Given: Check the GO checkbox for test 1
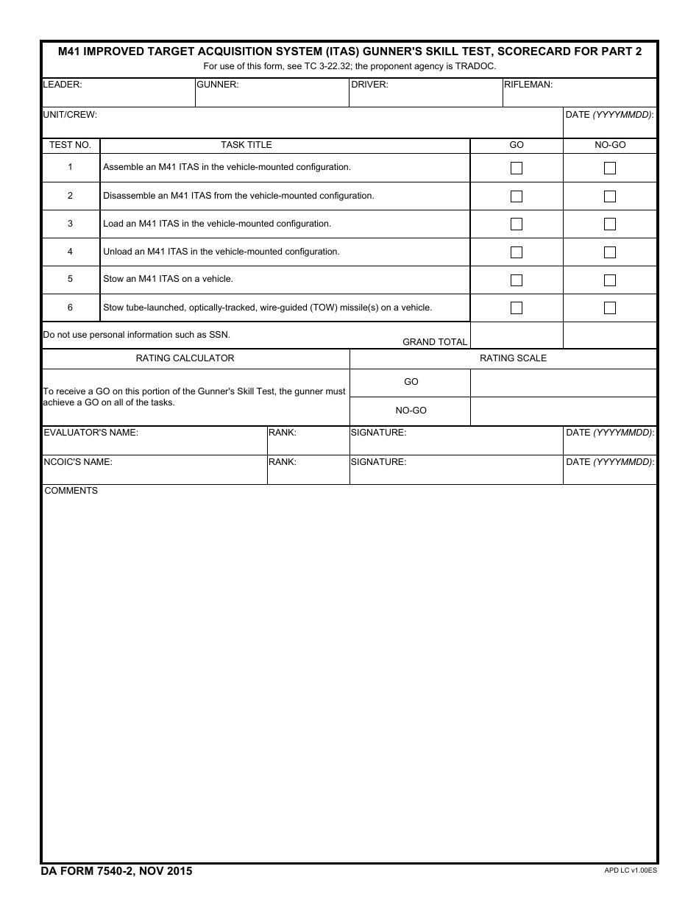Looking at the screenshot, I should (x=517, y=168).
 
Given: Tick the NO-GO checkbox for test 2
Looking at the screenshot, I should (x=610, y=196).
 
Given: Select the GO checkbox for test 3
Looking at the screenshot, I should (x=517, y=224).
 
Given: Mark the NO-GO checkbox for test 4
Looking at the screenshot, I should (x=610, y=252).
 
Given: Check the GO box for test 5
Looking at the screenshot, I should (x=517, y=280).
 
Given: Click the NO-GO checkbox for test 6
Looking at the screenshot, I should (x=610, y=308).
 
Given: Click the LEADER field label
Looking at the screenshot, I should (x=63, y=85).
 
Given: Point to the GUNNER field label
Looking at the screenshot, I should (x=217, y=85).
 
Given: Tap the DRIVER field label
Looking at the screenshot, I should (x=369, y=85).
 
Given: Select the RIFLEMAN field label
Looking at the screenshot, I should (x=528, y=85).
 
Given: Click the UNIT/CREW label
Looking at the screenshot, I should (x=70, y=115).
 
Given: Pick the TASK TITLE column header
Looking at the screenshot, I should (x=246, y=145).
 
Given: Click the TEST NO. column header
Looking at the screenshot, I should (x=70, y=145).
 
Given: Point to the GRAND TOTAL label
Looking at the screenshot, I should (x=435, y=342).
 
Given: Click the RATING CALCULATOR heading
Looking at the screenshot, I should (x=185, y=358).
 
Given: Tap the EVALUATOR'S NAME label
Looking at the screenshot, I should (x=91, y=433).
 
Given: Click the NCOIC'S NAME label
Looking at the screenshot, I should (x=78, y=462).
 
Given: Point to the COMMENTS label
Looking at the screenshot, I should (x=71, y=491).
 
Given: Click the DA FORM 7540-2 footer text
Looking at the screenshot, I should (x=116, y=871).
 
